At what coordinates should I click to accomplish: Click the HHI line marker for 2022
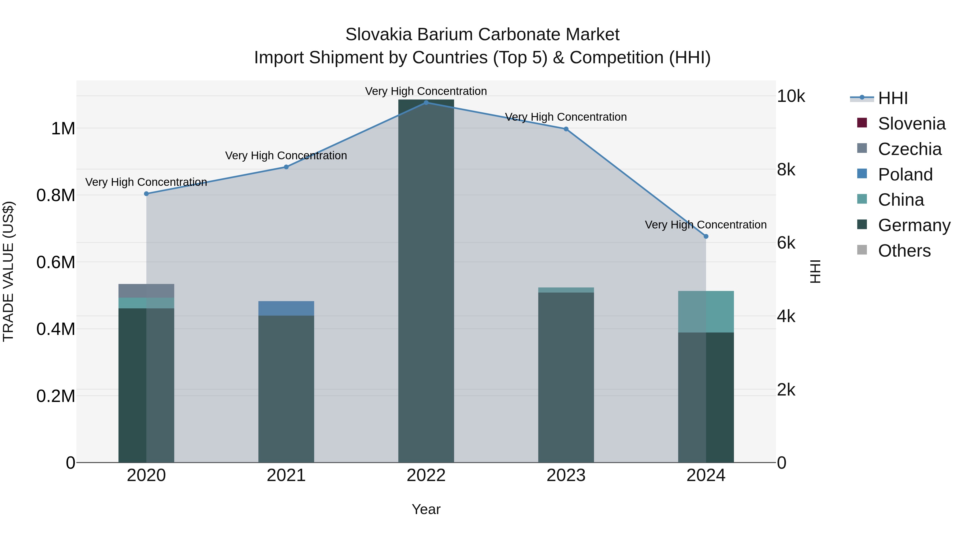pos(426,102)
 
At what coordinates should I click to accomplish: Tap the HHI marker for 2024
pos(706,237)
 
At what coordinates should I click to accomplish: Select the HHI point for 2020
pos(146,194)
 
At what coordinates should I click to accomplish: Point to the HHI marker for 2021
pos(286,167)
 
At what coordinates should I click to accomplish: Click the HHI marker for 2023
pos(566,129)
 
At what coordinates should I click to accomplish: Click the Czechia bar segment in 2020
pos(146,291)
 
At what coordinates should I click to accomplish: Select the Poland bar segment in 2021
pos(286,308)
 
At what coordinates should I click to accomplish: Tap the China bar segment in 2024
pos(706,311)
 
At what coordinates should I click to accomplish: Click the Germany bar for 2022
pos(426,281)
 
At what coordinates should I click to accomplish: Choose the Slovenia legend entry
pos(911,124)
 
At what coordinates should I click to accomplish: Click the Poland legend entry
pos(905,175)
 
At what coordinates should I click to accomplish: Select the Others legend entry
pos(904,251)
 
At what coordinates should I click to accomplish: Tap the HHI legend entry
pos(892,98)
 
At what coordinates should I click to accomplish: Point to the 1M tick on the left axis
pos(63,128)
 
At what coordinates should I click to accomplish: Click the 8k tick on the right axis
pos(786,170)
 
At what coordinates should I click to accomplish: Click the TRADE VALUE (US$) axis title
pos(8,271)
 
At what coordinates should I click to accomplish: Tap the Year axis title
pos(426,509)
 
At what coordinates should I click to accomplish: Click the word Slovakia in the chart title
pos(379,35)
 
